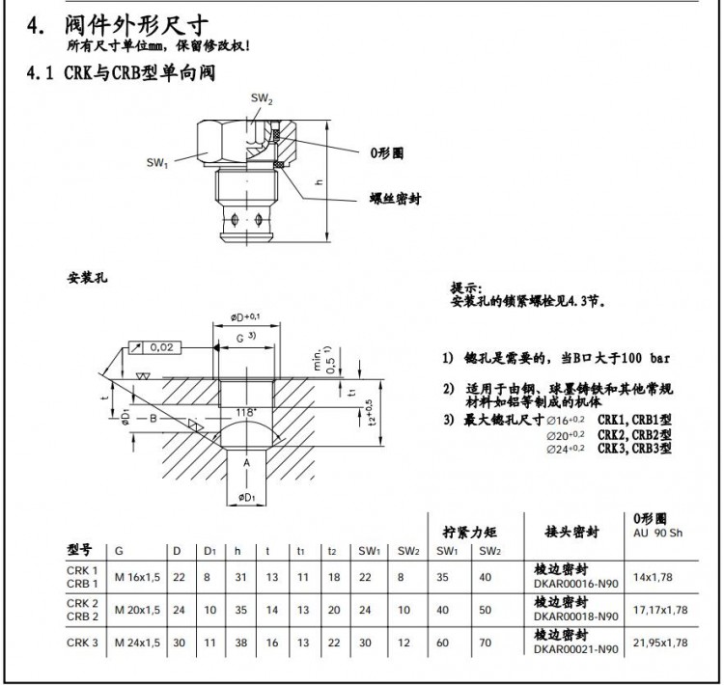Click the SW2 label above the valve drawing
click(x=262, y=99)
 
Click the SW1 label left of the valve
click(x=158, y=162)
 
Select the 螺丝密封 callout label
click(x=395, y=199)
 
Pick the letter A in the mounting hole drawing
click(x=248, y=463)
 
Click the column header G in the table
click(x=119, y=551)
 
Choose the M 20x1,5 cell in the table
click(x=137, y=610)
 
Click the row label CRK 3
click(x=83, y=642)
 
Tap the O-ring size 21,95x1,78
click(x=660, y=642)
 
